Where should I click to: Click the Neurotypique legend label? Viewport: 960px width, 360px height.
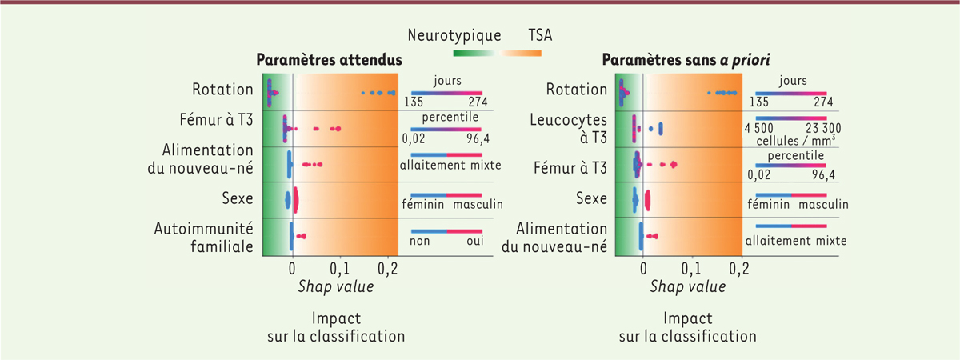454,35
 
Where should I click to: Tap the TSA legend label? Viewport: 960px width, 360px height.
540,35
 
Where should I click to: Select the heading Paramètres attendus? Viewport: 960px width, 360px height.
329,60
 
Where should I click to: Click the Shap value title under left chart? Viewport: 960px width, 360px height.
325,286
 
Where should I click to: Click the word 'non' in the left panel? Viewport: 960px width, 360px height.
421,240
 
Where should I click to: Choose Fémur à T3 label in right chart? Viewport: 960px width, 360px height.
570,167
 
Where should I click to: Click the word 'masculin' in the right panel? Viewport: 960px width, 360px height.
823,205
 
